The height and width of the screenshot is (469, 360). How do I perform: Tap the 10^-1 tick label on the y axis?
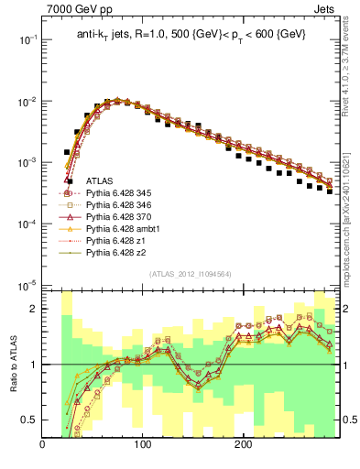pos(27,40)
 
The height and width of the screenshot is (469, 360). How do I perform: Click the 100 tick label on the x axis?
pos(142,445)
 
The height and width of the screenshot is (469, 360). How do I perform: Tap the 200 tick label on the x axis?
pos(243,445)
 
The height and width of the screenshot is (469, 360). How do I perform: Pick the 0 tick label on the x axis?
pos(43,445)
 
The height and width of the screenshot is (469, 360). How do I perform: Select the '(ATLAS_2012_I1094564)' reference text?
pos(189,274)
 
